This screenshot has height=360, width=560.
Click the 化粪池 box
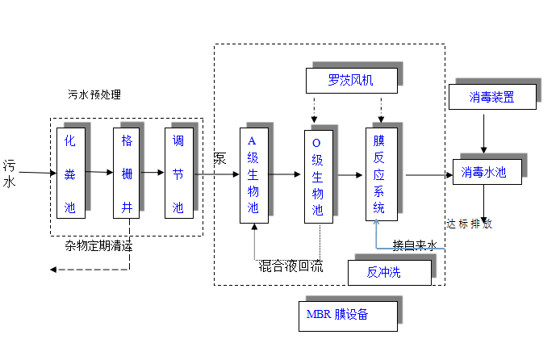pos(70,173)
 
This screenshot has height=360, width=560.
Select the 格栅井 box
pos(126,173)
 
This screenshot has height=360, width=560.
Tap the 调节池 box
pos(178,173)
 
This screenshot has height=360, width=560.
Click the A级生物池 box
pos(253,174)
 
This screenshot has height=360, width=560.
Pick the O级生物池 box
pos(317,174)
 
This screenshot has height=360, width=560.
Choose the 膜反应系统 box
pos(379,174)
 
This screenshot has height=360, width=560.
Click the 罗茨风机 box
pos(351,80)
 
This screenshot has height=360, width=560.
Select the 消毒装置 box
pos(491,98)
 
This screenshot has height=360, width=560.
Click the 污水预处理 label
pos(94,94)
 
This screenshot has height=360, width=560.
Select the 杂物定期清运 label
pos(98,246)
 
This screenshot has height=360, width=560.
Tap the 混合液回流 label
pos(291,266)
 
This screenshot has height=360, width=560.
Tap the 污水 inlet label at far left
pos(10,174)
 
